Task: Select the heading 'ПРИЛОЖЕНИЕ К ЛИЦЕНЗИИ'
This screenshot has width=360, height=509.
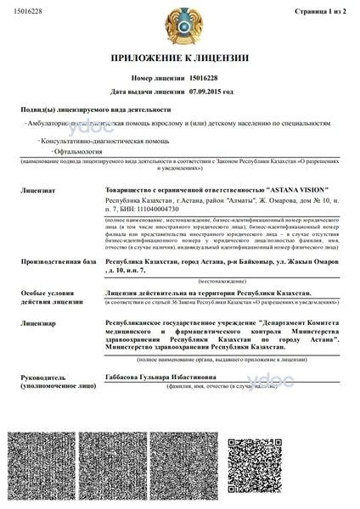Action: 180,59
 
